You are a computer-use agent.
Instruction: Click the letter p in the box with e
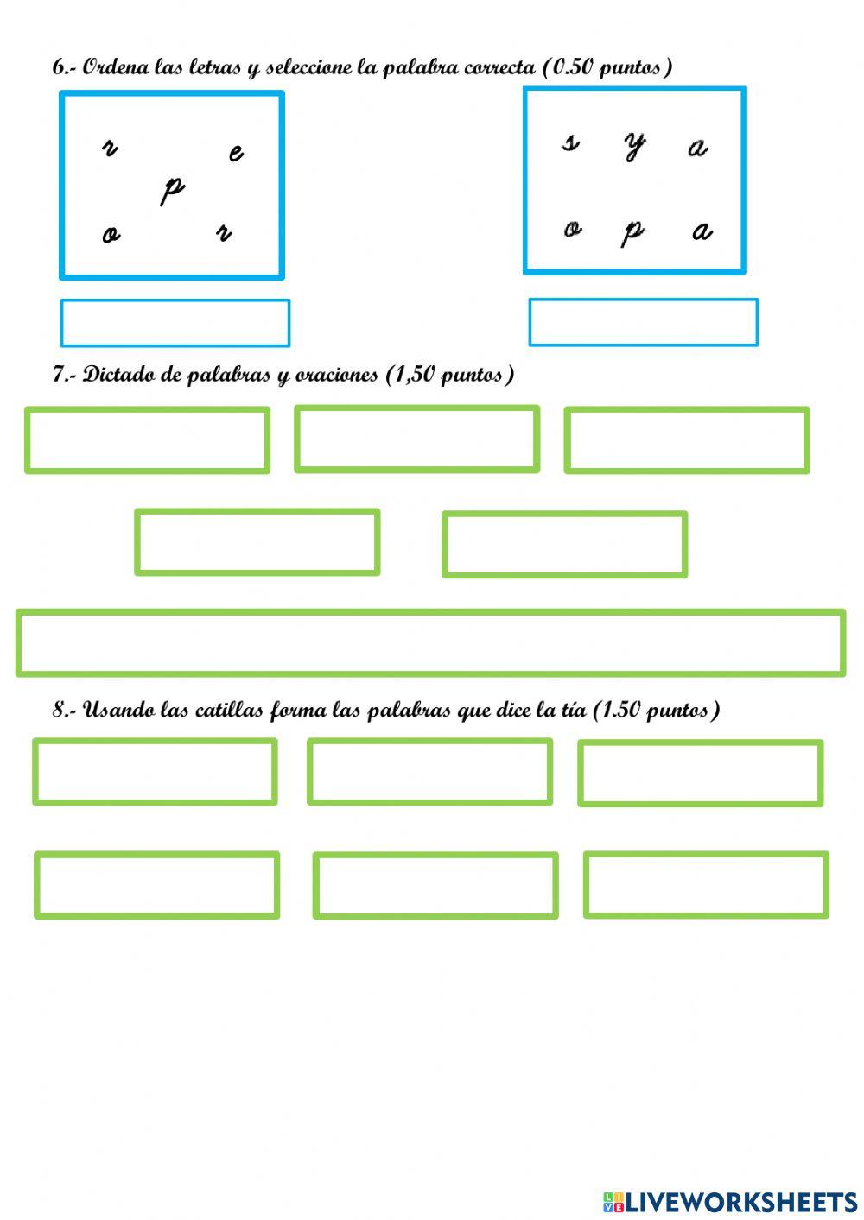point(173,189)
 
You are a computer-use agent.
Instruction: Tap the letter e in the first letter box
point(236,154)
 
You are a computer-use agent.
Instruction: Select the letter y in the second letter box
point(635,146)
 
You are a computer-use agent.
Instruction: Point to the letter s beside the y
point(570,142)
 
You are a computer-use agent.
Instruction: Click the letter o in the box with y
point(572,229)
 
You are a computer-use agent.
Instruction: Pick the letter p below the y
point(633,231)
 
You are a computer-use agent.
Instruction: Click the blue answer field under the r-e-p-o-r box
point(175,323)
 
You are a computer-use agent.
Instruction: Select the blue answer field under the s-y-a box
point(643,322)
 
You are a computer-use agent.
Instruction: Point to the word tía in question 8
point(573,710)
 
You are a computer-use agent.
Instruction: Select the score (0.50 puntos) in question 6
point(607,67)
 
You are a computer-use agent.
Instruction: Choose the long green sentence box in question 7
point(430,642)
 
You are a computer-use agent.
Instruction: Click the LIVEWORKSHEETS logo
point(730,1201)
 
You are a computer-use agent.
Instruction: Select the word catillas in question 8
point(230,710)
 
